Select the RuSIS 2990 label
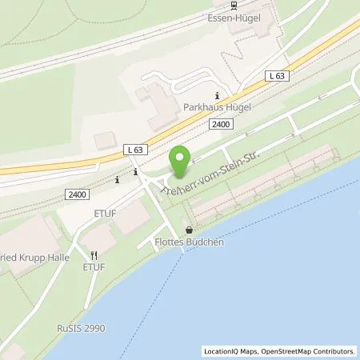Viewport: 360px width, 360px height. tap(80, 328)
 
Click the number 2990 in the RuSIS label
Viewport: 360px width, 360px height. tap(94, 328)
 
